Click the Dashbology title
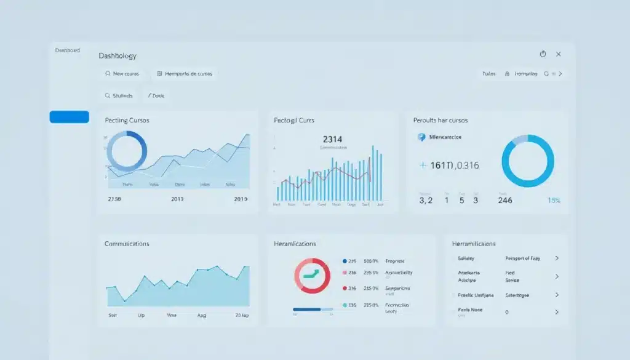coord(118,55)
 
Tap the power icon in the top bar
coord(543,54)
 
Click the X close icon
coord(559,54)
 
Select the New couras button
coord(122,74)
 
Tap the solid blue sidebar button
coord(69,117)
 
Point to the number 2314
coord(333,140)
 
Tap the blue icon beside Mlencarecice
coord(421,137)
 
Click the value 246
coord(505,200)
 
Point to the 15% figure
coord(554,200)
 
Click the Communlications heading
coord(127,244)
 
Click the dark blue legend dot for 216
coord(345,261)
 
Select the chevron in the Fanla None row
coord(557,312)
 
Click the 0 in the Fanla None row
coord(507,312)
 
